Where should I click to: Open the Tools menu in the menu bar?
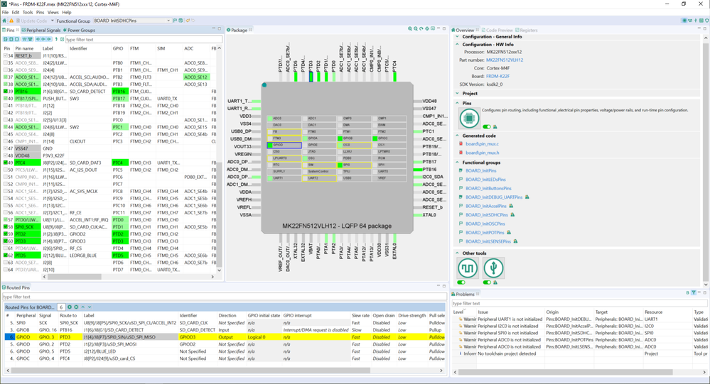coord(27,12)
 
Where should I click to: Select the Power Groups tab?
coord(80,31)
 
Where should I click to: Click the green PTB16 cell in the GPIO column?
coord(119,92)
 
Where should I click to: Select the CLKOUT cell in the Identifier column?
coord(78,141)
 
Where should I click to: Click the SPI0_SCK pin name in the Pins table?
coord(25,227)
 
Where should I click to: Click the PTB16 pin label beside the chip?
coord(429,170)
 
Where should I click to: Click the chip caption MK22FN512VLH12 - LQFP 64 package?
coord(336,226)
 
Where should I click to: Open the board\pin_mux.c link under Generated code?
coord(482,144)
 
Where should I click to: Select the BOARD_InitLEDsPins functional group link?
coord(488,180)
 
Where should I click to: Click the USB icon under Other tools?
coord(493,268)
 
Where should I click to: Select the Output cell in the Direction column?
coord(227,337)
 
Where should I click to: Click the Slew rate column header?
coord(360,315)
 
